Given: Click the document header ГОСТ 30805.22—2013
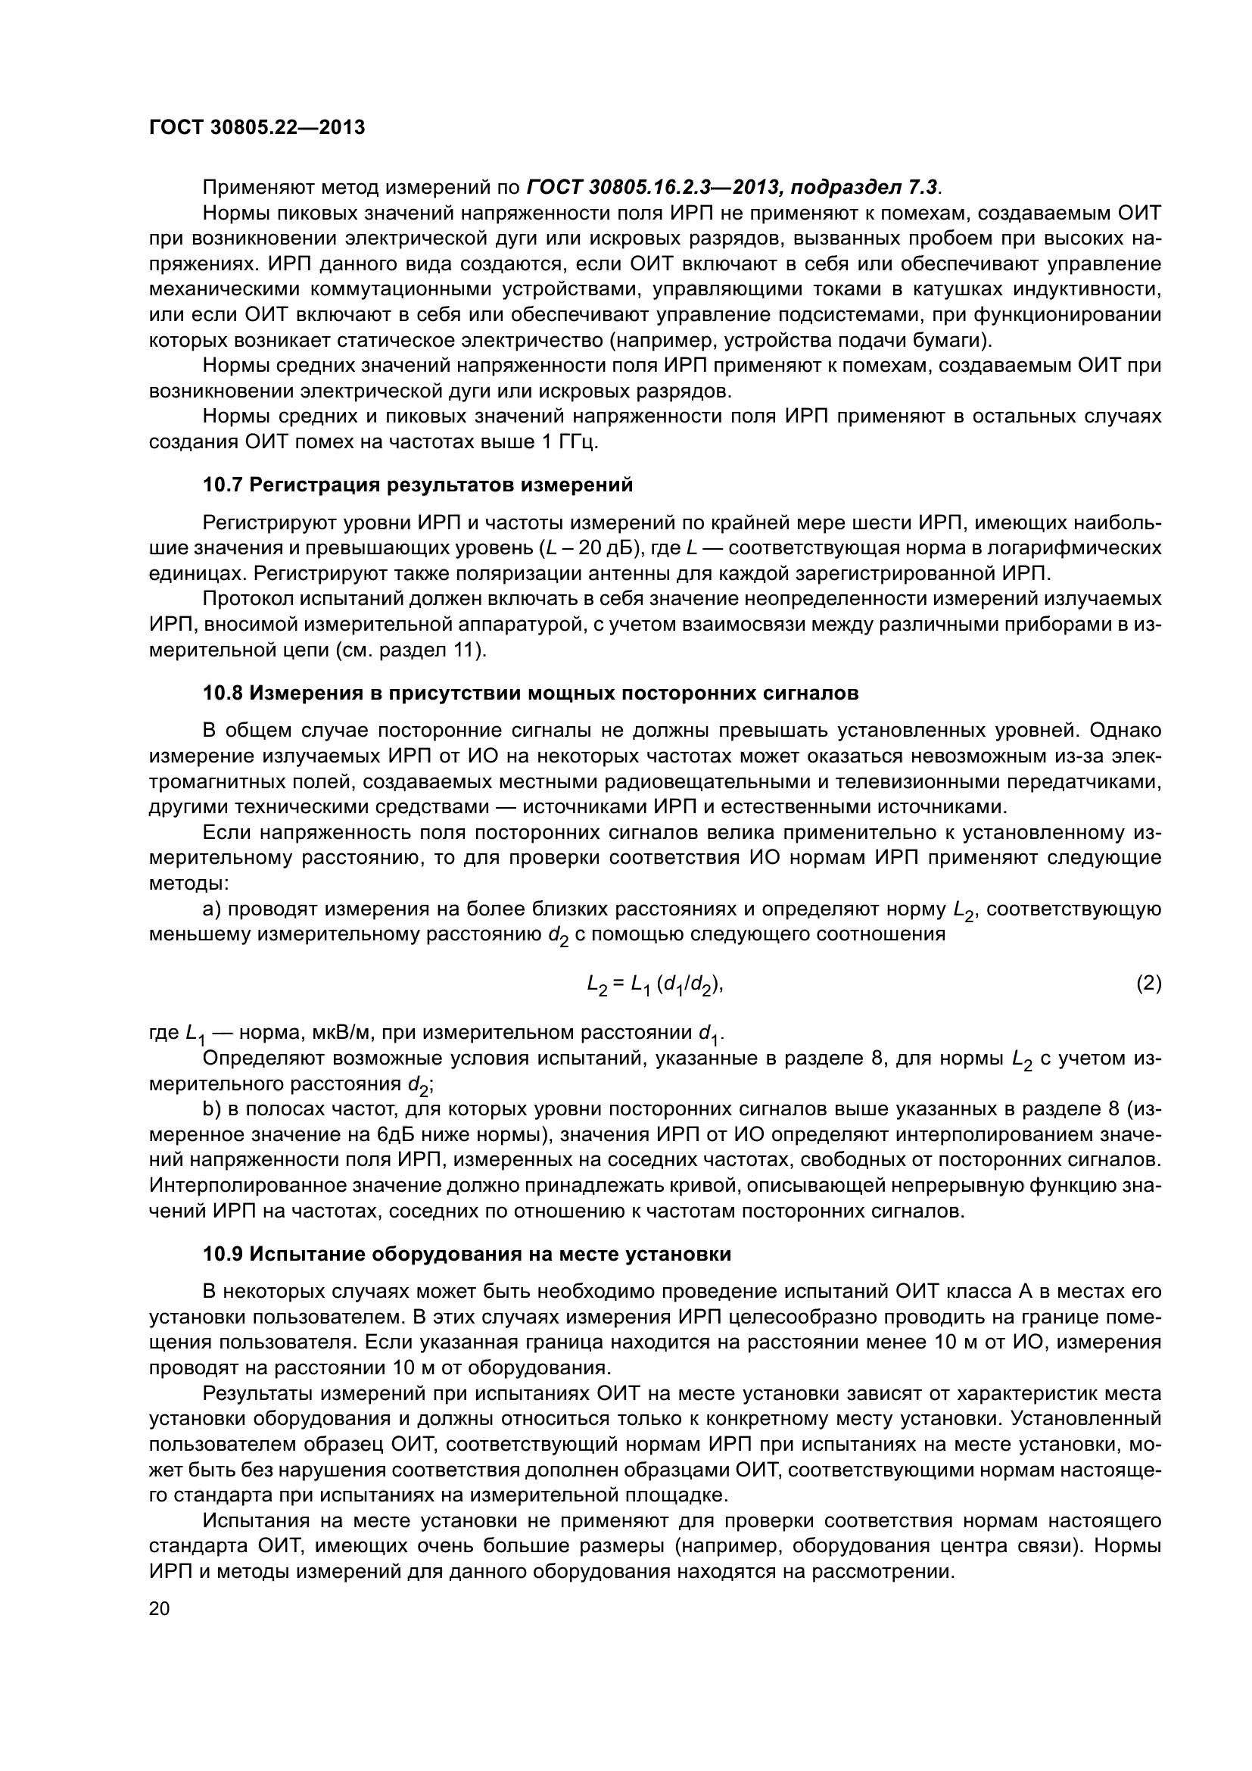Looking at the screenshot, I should [257, 127].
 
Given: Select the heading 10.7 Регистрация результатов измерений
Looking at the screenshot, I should [417, 485].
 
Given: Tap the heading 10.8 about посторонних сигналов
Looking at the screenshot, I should [531, 694].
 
